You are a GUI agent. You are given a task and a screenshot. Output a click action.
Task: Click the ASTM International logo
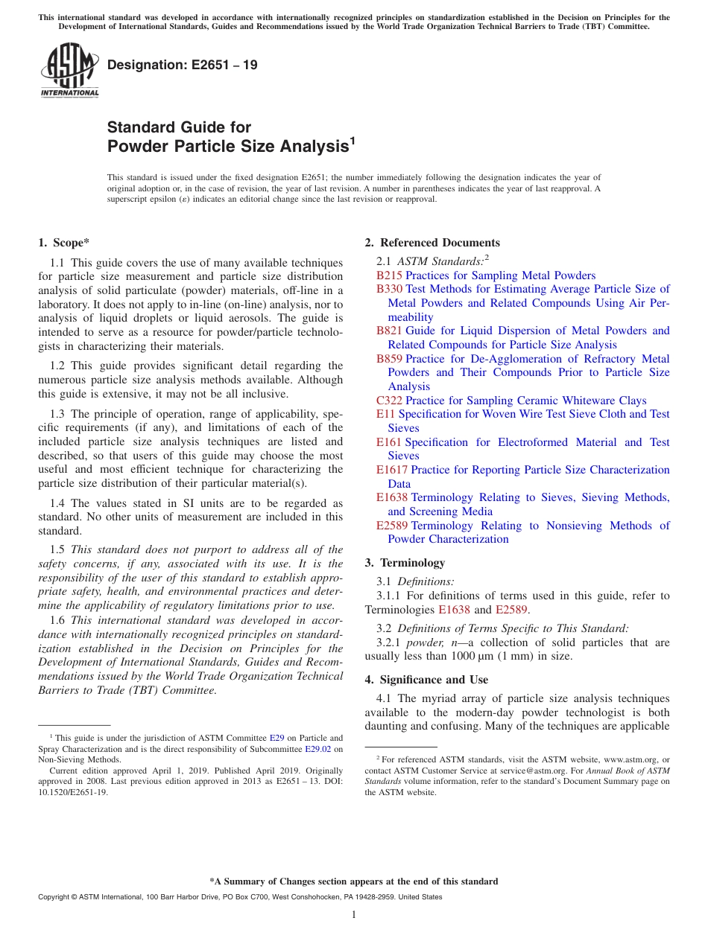[69, 70]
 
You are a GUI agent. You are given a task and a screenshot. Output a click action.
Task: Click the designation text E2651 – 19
[183, 65]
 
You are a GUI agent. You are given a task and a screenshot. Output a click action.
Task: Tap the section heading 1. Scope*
[64, 243]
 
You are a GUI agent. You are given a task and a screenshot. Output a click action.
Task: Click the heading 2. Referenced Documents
[432, 243]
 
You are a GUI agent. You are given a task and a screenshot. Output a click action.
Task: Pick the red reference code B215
[389, 275]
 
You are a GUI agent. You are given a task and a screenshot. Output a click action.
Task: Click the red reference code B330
[389, 289]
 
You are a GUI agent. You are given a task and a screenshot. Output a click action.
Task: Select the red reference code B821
[389, 331]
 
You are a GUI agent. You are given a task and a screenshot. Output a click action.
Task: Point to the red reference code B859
[389, 359]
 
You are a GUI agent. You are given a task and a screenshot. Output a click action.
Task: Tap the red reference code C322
[389, 401]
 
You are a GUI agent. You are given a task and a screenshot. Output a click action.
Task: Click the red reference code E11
[385, 414]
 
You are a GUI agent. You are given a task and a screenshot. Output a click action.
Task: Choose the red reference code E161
[388, 442]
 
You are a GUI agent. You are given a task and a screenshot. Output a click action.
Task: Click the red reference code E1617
[391, 470]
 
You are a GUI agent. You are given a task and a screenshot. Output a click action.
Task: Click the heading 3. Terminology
[405, 563]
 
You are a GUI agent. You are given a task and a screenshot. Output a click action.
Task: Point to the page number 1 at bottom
[354, 915]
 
